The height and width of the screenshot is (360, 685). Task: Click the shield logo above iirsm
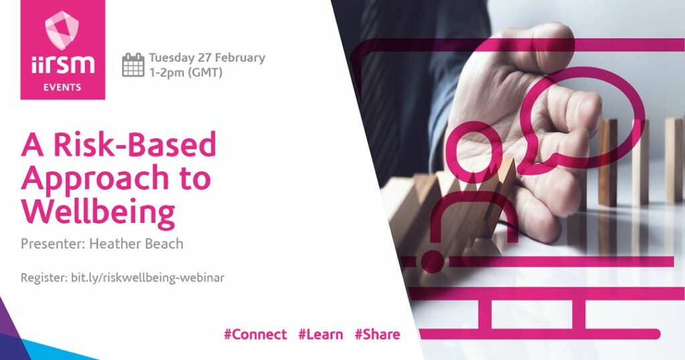coord(62,30)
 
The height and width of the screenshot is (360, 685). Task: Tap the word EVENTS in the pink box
coord(62,88)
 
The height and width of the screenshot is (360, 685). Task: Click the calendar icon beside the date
coord(133,65)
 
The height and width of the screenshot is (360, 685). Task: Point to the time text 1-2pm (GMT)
coord(186,72)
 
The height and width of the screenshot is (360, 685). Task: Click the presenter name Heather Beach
coord(136,244)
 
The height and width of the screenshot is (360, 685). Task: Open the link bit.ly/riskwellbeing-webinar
coord(148,278)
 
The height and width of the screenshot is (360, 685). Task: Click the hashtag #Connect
coord(255,334)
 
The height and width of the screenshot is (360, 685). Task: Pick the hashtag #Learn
coord(320,334)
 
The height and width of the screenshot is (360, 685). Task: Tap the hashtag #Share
coord(377,334)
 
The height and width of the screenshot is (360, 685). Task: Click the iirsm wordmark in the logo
coord(62,64)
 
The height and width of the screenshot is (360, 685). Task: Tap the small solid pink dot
coord(432,262)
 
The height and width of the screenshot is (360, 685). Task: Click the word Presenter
coord(53,244)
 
